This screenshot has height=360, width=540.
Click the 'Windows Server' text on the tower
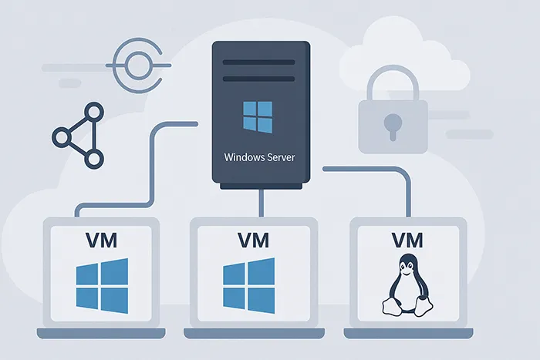coord(258,156)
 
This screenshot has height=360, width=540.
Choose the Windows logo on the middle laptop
coord(249,284)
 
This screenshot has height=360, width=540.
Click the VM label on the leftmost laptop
coord(101,240)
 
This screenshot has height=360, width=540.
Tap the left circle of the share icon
coord(61,138)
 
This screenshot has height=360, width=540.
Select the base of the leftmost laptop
coord(101,333)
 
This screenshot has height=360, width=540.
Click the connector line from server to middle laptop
coord(263,203)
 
